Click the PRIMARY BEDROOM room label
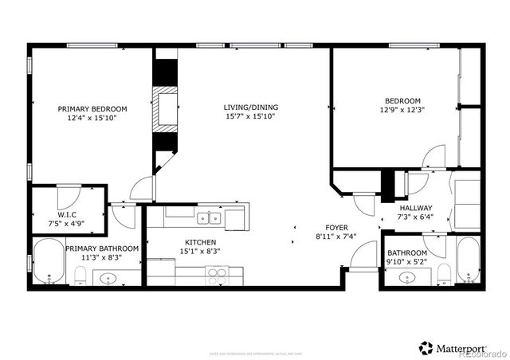(x=92, y=109)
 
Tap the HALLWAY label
(x=415, y=208)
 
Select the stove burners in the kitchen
(x=218, y=276)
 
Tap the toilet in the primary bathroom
(x=80, y=276)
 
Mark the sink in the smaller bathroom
(x=410, y=278)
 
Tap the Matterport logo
(x=461, y=347)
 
